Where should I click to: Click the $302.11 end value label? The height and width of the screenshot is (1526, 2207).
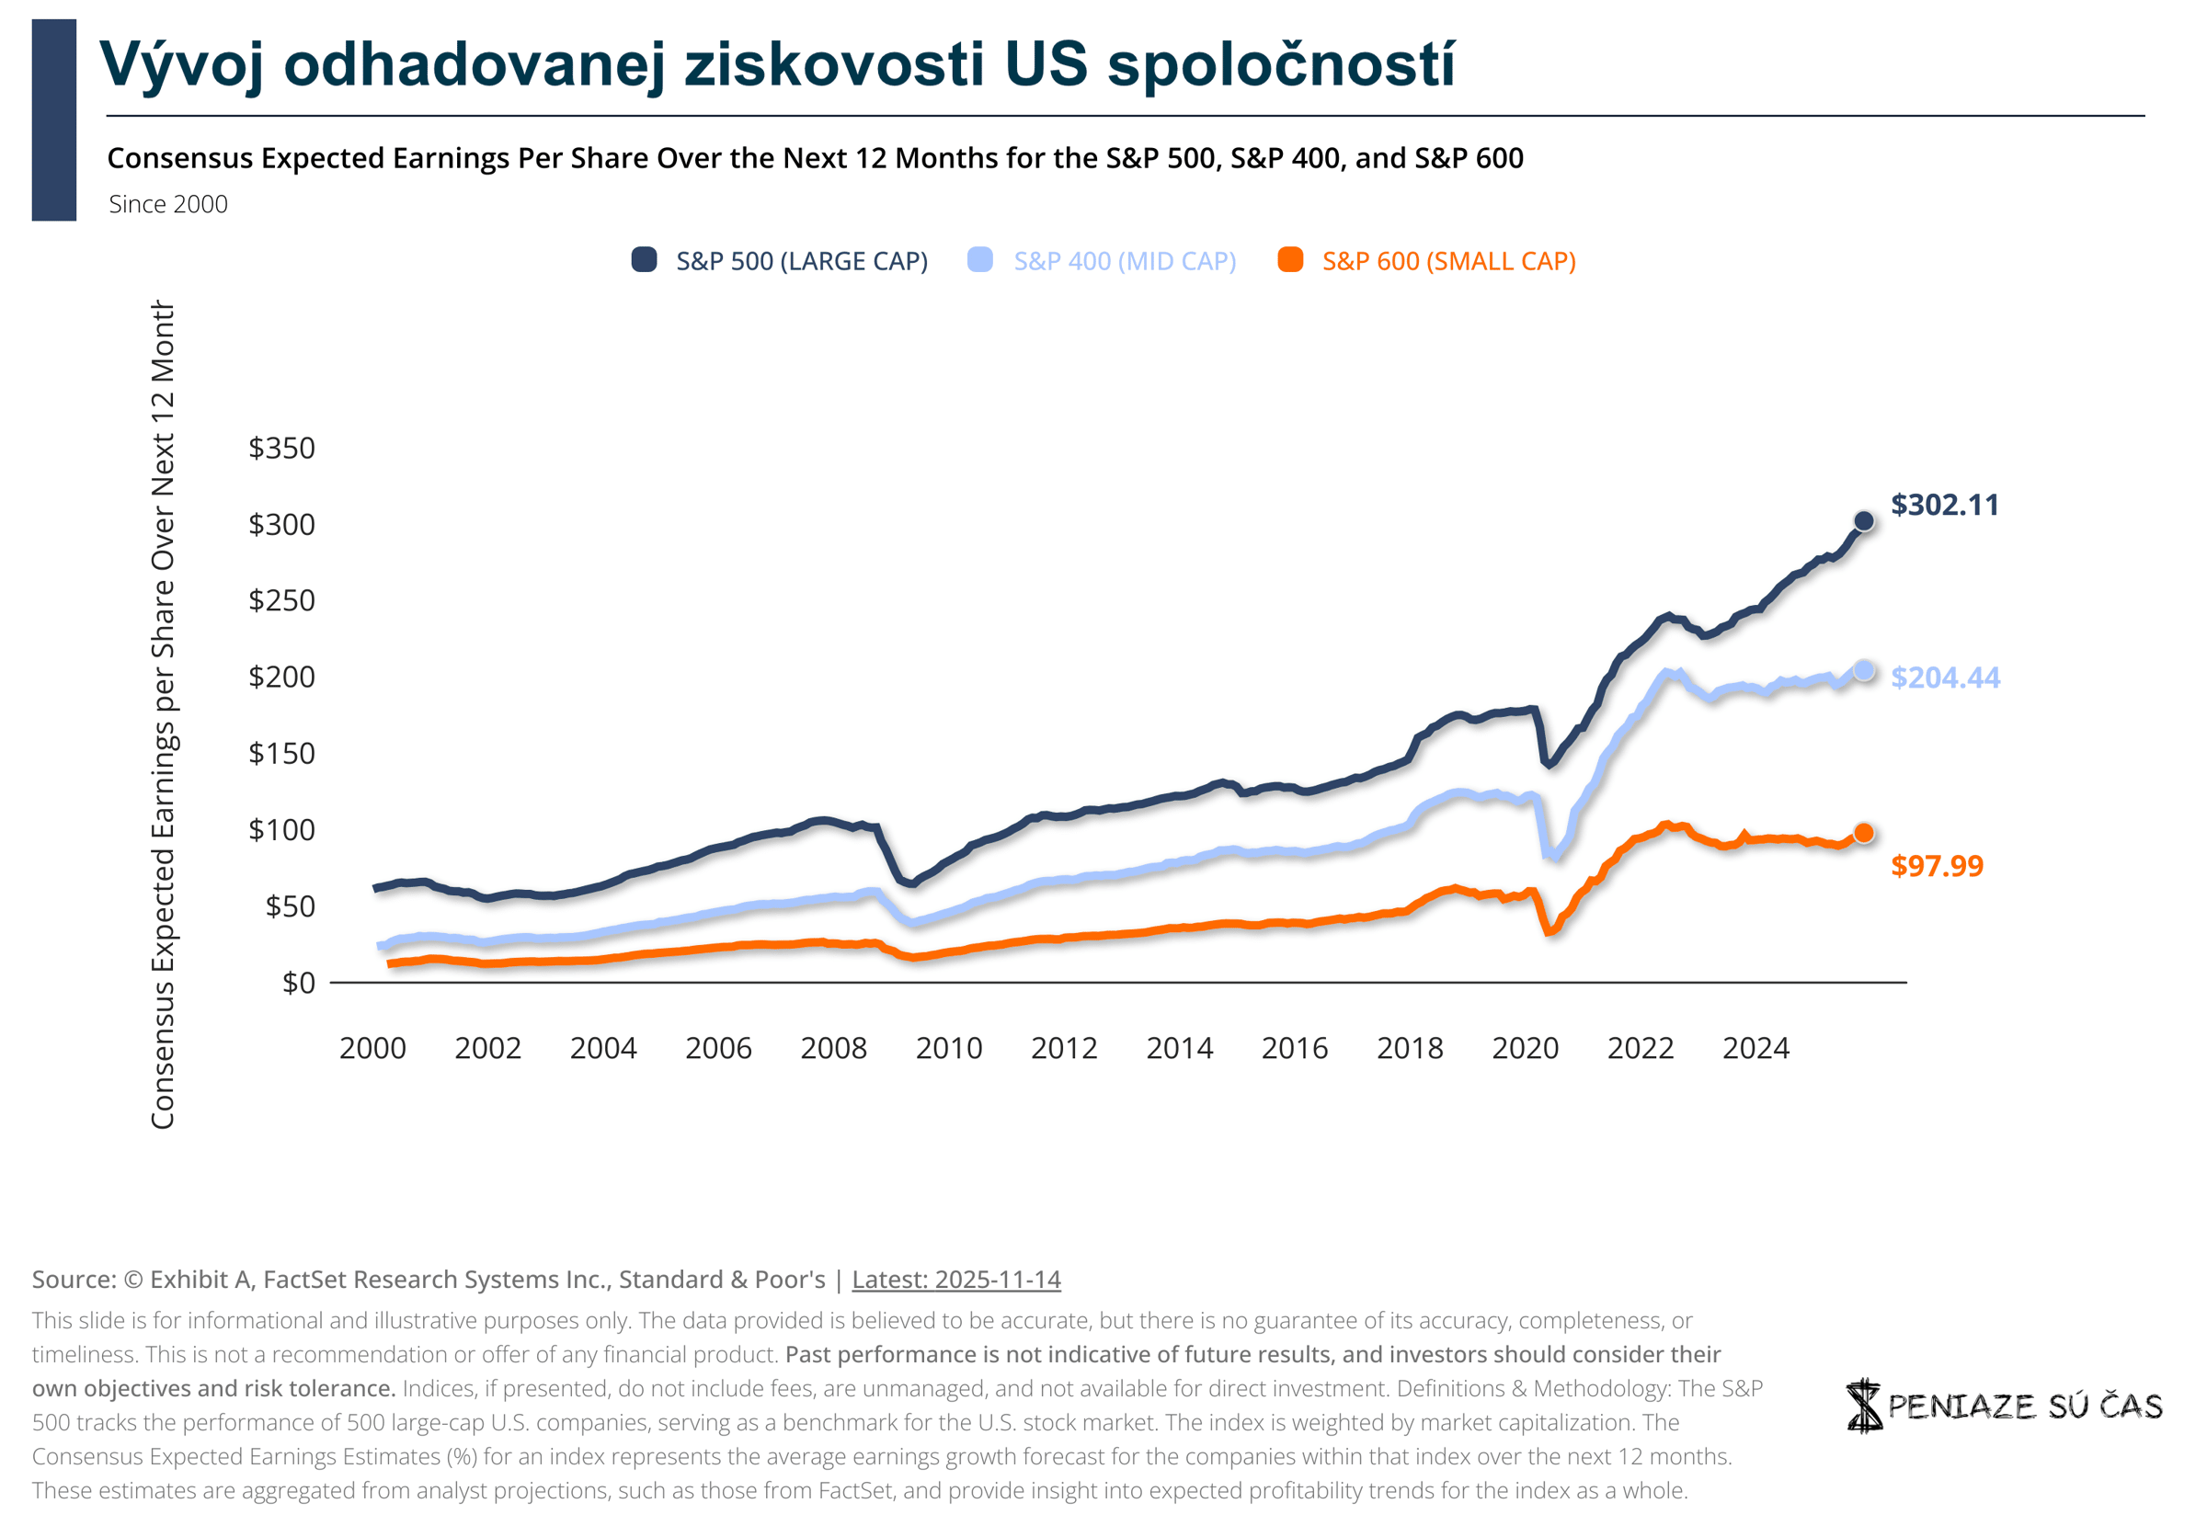click(1944, 505)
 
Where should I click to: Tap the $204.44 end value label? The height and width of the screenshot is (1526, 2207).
click(1945, 677)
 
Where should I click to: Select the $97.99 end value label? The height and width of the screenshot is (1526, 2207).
click(1937, 865)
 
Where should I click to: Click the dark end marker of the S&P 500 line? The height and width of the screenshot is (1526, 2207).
click(1863, 521)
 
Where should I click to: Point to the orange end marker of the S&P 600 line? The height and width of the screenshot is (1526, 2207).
click(1863, 833)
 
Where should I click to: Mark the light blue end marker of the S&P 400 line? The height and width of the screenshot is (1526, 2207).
click(1863, 670)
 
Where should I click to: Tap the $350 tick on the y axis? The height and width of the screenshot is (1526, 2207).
click(281, 448)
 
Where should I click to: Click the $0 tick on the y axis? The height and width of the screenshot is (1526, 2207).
click(298, 982)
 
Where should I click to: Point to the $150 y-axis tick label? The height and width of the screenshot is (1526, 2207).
click(281, 754)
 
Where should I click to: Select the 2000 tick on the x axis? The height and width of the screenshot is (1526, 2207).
click(373, 1048)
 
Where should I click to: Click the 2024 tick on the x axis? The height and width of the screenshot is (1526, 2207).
click(1755, 1048)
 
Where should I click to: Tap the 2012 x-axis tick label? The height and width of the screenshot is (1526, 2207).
click(1064, 1048)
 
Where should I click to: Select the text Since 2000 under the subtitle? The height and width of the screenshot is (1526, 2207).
click(168, 204)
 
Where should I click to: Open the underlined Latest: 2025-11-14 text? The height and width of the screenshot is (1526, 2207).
click(956, 1280)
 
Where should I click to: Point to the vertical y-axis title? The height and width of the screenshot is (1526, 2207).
click(163, 715)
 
